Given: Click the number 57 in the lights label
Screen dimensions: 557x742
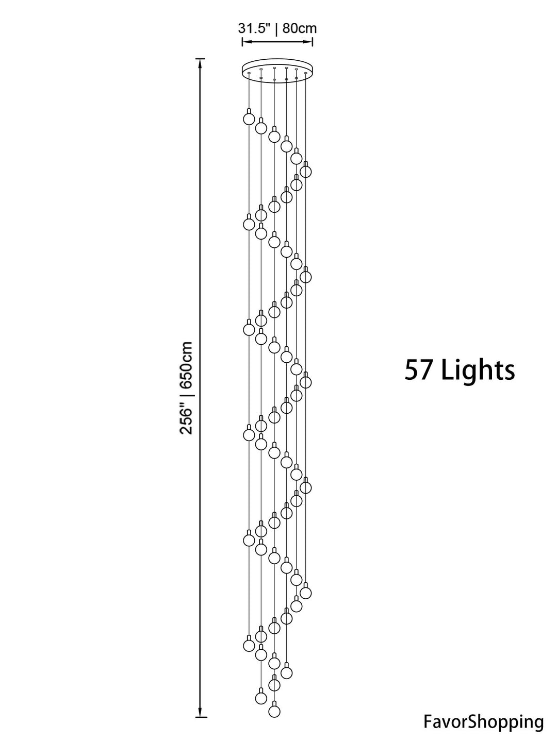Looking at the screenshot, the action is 419,370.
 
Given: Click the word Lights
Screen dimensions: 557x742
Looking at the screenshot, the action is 478,371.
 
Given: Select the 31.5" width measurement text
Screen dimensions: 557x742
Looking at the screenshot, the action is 254,28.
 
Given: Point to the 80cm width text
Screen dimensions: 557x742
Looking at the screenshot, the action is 300,28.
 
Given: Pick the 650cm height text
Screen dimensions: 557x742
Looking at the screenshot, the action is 186,365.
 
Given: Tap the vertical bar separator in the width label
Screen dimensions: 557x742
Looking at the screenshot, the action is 276,28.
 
